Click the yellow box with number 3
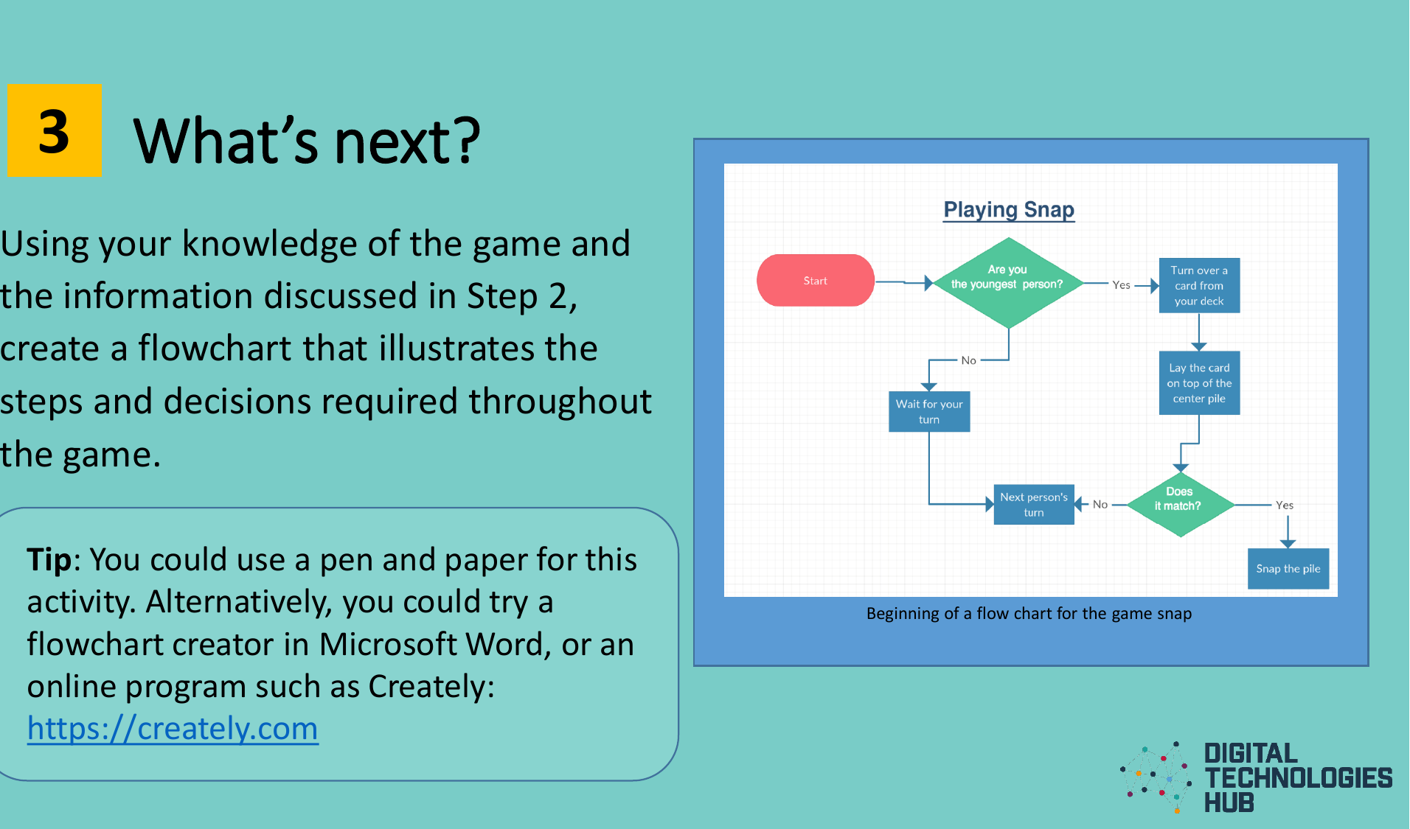(x=54, y=130)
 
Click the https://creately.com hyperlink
(x=173, y=728)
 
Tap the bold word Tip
(x=49, y=560)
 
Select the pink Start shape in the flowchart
(x=815, y=281)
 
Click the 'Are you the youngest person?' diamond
(x=1007, y=282)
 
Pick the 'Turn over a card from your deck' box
(x=1198, y=285)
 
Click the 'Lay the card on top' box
(x=1198, y=382)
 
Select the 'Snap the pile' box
(x=1288, y=568)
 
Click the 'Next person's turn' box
(x=1033, y=504)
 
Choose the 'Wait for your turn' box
(x=928, y=411)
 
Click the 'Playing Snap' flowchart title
(x=1008, y=209)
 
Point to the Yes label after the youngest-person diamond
(x=1121, y=285)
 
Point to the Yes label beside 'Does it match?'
(x=1284, y=505)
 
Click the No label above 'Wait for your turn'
(x=968, y=360)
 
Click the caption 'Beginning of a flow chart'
(x=1028, y=613)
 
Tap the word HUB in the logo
(x=1229, y=802)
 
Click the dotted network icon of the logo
(x=1156, y=777)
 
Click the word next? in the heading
(x=407, y=141)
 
